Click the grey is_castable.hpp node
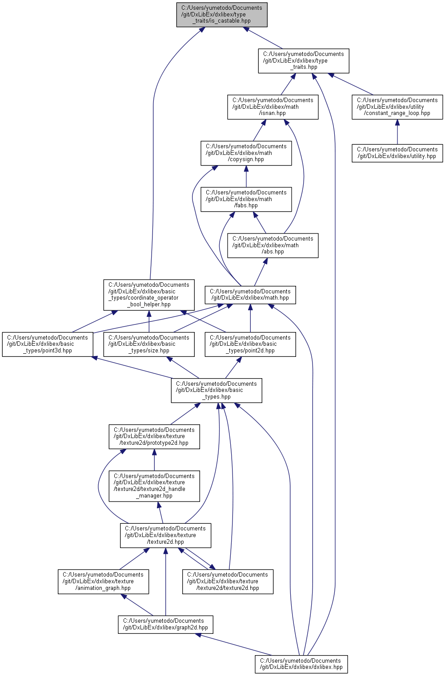(x=222, y=15)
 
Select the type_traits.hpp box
(x=304, y=61)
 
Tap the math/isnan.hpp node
(x=273, y=107)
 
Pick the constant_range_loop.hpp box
(x=397, y=107)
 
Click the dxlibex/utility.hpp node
(x=397, y=153)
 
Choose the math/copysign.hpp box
(x=246, y=153)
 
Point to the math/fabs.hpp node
(x=246, y=199)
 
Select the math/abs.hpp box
(x=273, y=245)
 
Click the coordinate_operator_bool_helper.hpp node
(x=148, y=295)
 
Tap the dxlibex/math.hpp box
(x=250, y=295)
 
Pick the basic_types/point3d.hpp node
(x=48, y=344)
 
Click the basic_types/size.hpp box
(x=148, y=344)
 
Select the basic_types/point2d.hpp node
(x=250, y=344)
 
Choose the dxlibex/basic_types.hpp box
(x=216, y=391)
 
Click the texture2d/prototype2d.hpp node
(x=154, y=437)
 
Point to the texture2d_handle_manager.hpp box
(x=154, y=486)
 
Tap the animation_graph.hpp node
(x=103, y=581)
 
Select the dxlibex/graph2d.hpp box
(x=165, y=625)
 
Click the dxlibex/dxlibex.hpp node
(x=301, y=664)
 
